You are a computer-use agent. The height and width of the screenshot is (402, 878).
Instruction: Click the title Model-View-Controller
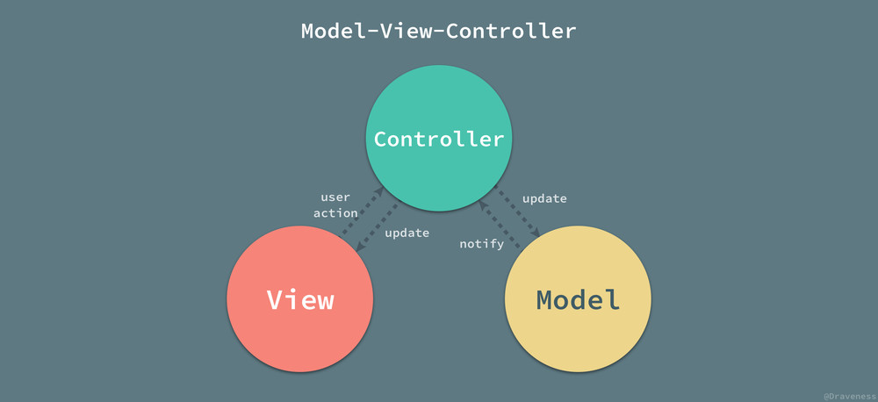coord(438,31)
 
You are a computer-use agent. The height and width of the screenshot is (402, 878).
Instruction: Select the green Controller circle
coord(438,139)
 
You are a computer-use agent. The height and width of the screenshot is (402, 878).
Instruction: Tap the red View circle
coord(300,299)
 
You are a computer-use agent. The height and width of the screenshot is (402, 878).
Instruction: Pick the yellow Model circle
coord(578,299)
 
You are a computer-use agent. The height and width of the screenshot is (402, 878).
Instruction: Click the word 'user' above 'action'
coord(335,197)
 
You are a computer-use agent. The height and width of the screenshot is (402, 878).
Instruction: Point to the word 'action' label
coord(335,212)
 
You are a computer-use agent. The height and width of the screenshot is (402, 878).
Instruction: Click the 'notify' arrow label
coord(481,244)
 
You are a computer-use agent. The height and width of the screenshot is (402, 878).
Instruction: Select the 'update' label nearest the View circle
coord(407,233)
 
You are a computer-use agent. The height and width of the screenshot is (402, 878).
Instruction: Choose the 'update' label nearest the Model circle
coord(544,198)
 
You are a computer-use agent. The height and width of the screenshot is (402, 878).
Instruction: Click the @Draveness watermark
coord(850,397)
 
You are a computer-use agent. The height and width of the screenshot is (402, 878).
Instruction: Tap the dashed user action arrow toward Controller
coord(363,212)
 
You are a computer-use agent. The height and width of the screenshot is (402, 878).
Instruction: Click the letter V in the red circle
coord(274,299)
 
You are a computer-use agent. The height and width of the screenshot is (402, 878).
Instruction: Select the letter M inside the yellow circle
coord(546,300)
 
